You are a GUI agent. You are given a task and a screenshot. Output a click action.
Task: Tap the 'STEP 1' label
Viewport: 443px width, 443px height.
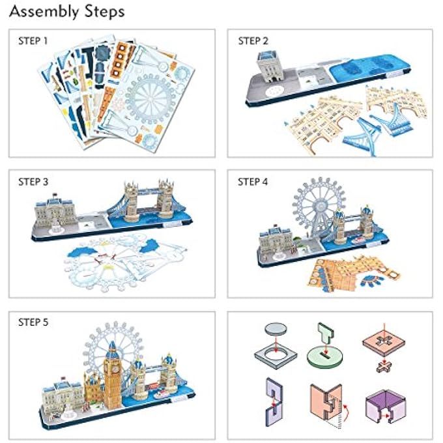33,41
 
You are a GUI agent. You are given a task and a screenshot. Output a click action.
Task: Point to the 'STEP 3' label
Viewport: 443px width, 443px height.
33,182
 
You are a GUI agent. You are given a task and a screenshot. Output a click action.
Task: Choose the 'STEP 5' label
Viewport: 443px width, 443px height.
33,322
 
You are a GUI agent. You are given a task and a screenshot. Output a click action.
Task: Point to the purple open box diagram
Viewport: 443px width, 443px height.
384,407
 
